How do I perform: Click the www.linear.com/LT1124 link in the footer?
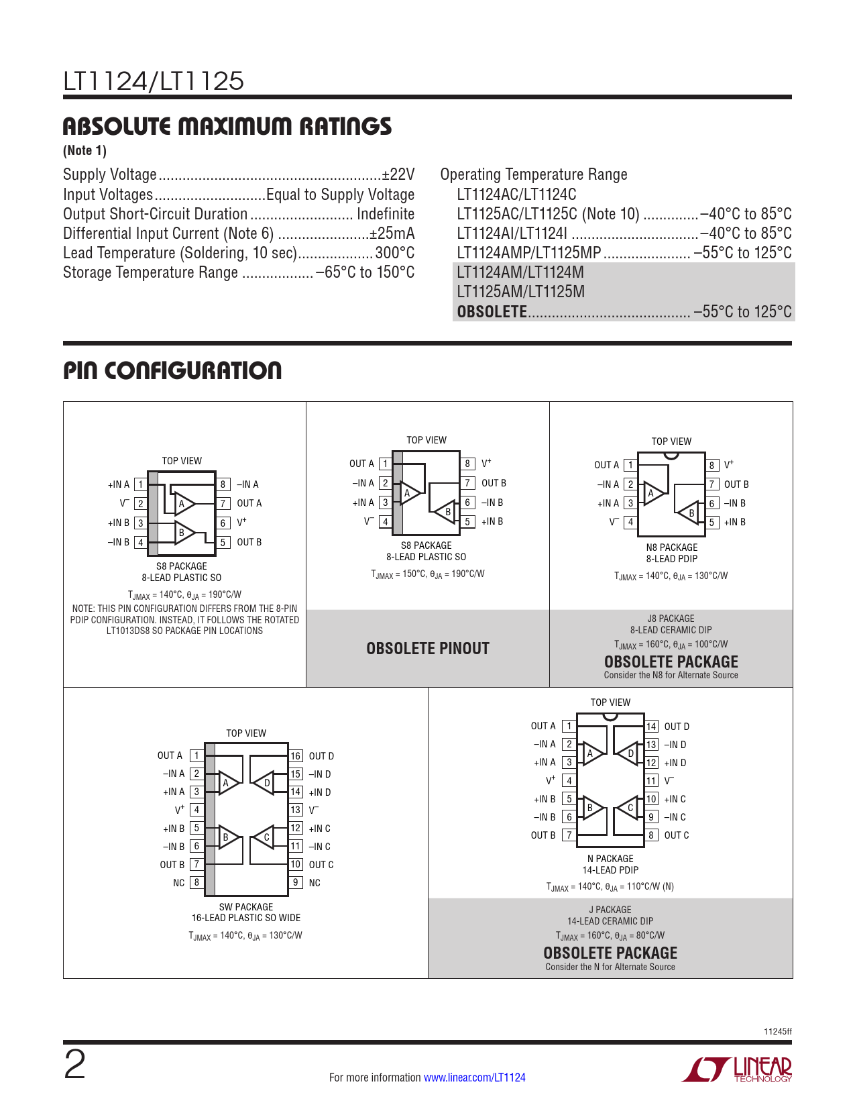(474, 1077)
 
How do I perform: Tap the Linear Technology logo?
(737, 1069)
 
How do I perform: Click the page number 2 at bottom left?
(74, 1065)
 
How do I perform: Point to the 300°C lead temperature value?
(395, 253)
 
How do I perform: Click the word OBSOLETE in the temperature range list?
(492, 312)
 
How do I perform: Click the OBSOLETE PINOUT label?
(428, 649)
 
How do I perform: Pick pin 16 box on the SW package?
(296, 756)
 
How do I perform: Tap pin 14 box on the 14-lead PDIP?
(651, 727)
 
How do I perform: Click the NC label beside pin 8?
(178, 883)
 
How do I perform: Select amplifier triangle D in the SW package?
(264, 782)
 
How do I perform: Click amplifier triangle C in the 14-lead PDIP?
(628, 808)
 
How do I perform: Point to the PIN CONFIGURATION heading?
(172, 371)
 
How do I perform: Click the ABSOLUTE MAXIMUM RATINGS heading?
(227, 127)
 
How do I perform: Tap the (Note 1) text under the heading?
(84, 150)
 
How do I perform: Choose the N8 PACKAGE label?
(671, 547)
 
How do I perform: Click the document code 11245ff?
(777, 1031)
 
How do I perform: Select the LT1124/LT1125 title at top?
(154, 82)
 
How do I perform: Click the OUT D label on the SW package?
(321, 756)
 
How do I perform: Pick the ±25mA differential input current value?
(392, 233)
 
